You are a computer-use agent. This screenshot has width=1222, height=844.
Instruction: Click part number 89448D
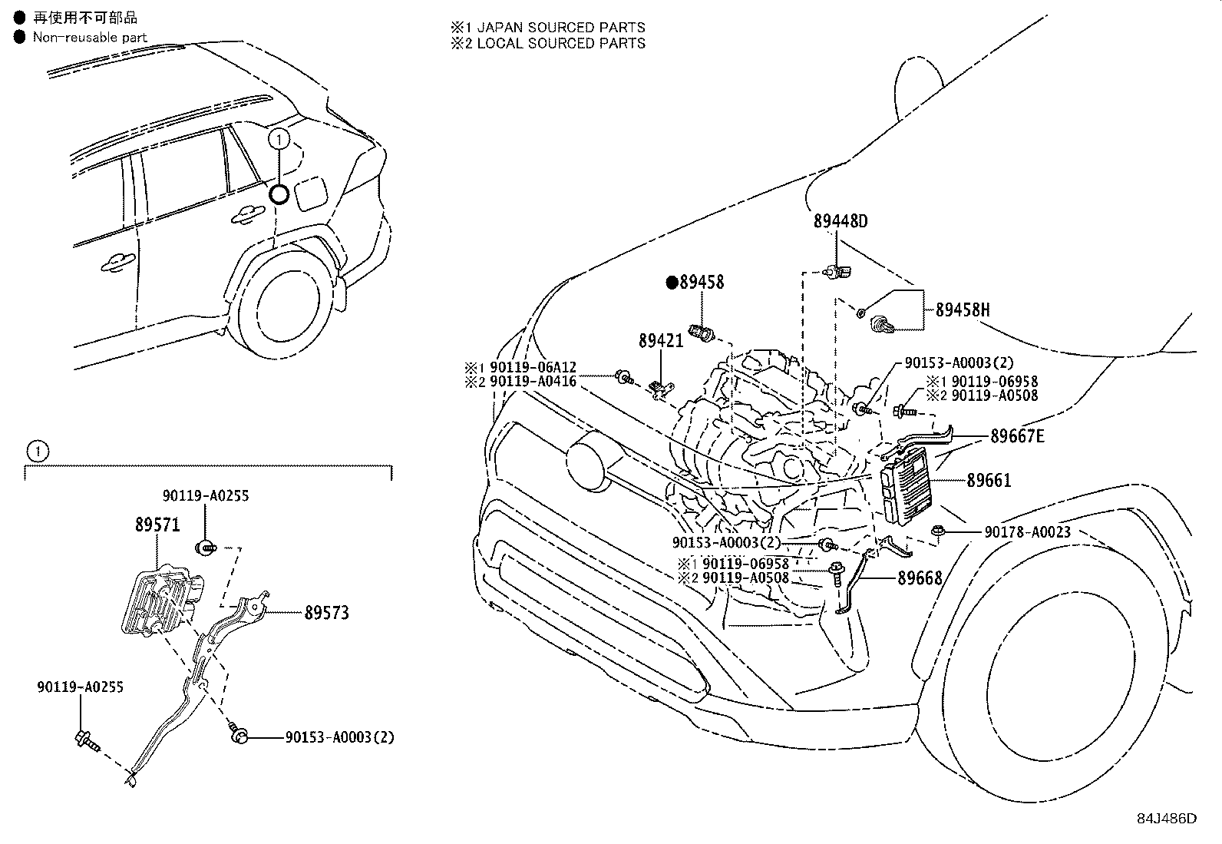coord(841,221)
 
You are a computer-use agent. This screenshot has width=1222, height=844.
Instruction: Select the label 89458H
coord(962,310)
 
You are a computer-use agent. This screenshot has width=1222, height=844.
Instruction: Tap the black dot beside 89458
coord(672,283)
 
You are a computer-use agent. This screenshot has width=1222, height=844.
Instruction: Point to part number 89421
coord(661,339)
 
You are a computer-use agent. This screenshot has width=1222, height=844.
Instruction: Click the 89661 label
coord(989,481)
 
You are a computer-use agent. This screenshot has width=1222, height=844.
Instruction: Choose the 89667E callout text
coord(1017,436)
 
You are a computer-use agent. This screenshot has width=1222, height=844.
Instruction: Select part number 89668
coord(920,578)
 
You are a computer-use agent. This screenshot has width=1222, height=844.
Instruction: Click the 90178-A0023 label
coord(1028,531)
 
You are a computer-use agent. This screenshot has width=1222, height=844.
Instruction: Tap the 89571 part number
coord(157,525)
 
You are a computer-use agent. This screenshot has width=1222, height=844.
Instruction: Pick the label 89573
coord(326,613)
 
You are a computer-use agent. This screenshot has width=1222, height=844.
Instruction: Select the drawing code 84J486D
coord(1167,818)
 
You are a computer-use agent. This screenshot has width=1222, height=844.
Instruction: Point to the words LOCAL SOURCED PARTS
coord(561,44)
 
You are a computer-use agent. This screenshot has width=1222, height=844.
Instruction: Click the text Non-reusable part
coord(90,37)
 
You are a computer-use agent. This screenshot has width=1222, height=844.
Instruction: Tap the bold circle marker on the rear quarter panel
coord(279,194)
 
